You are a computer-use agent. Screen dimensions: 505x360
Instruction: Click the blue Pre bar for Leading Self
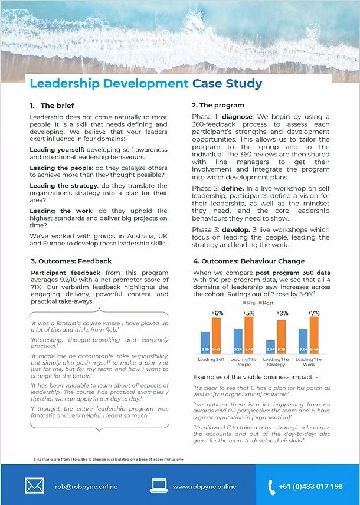coord(205,342)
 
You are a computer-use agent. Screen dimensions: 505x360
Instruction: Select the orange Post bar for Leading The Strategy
coord(282,336)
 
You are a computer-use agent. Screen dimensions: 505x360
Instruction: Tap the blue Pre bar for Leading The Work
coord(303,340)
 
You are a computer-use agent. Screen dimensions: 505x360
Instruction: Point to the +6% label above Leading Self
coord(216,313)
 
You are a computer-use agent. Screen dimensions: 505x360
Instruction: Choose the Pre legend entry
coord(248,303)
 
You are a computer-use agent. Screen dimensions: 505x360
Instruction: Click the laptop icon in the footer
coord(160,486)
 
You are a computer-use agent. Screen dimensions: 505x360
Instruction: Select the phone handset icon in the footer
coord(271,487)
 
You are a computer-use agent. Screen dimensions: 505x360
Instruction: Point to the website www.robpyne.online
coord(205,487)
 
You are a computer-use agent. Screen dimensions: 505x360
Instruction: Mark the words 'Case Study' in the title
coord(227,83)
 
